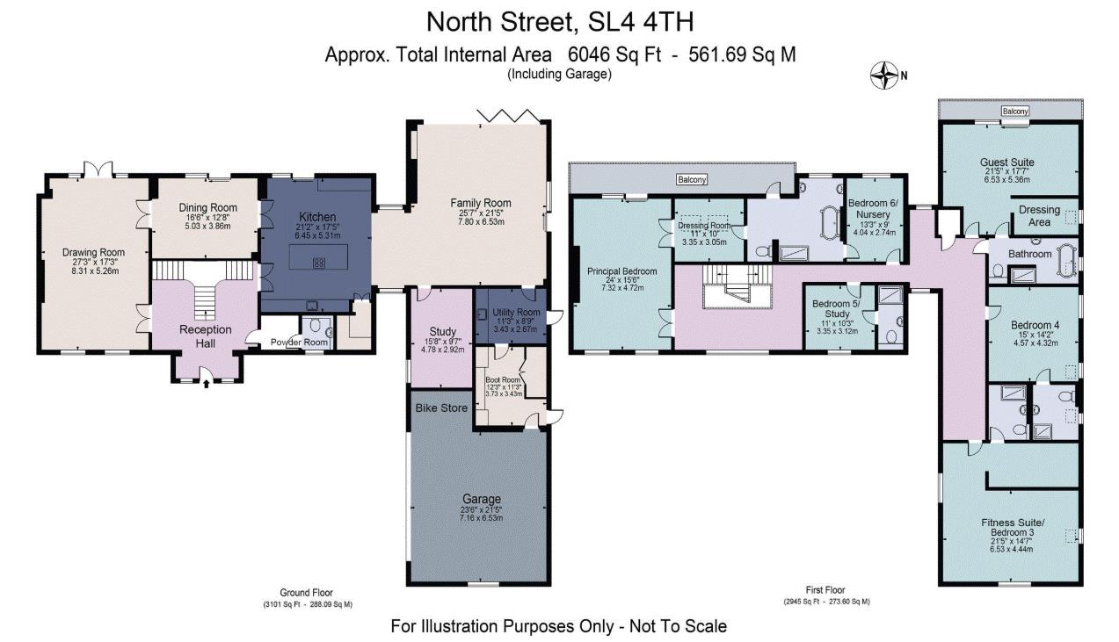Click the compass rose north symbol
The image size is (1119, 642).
point(883,76)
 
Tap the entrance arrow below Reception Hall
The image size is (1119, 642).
point(206,382)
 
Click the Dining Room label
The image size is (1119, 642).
point(207,208)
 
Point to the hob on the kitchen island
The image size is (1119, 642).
point(318,261)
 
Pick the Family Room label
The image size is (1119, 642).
point(481,203)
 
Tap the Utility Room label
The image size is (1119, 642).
point(516,312)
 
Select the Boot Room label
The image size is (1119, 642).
point(504,379)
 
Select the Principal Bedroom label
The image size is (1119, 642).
point(621,271)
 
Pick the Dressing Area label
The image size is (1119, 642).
point(1039,216)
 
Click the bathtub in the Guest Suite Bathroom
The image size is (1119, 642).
point(1067,260)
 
